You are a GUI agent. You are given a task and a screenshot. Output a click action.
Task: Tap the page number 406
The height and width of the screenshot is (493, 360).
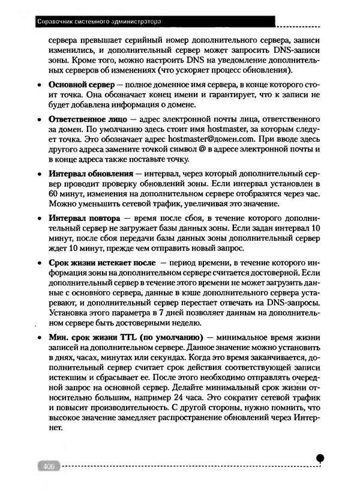pyautogui.click(x=46, y=468)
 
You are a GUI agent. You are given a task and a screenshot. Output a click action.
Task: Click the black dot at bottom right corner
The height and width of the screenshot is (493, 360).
pyautogui.click(x=321, y=458)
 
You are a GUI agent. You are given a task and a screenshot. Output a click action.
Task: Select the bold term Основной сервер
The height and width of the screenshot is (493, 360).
pyautogui.click(x=81, y=84)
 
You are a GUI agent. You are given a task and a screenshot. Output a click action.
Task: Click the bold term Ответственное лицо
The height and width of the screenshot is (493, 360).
pyautogui.click(x=87, y=120)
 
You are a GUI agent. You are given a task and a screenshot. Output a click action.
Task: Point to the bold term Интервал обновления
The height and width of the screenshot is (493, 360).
pyautogui.click(x=89, y=174)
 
